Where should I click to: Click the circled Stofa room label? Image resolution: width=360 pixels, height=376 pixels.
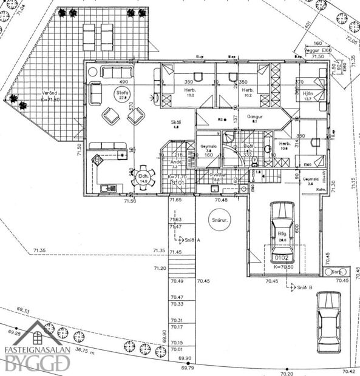124,93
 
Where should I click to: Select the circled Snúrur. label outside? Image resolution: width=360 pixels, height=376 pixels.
217,220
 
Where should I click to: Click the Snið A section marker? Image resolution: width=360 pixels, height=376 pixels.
192,240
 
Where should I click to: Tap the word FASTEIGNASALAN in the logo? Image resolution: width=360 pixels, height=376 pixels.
37,350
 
